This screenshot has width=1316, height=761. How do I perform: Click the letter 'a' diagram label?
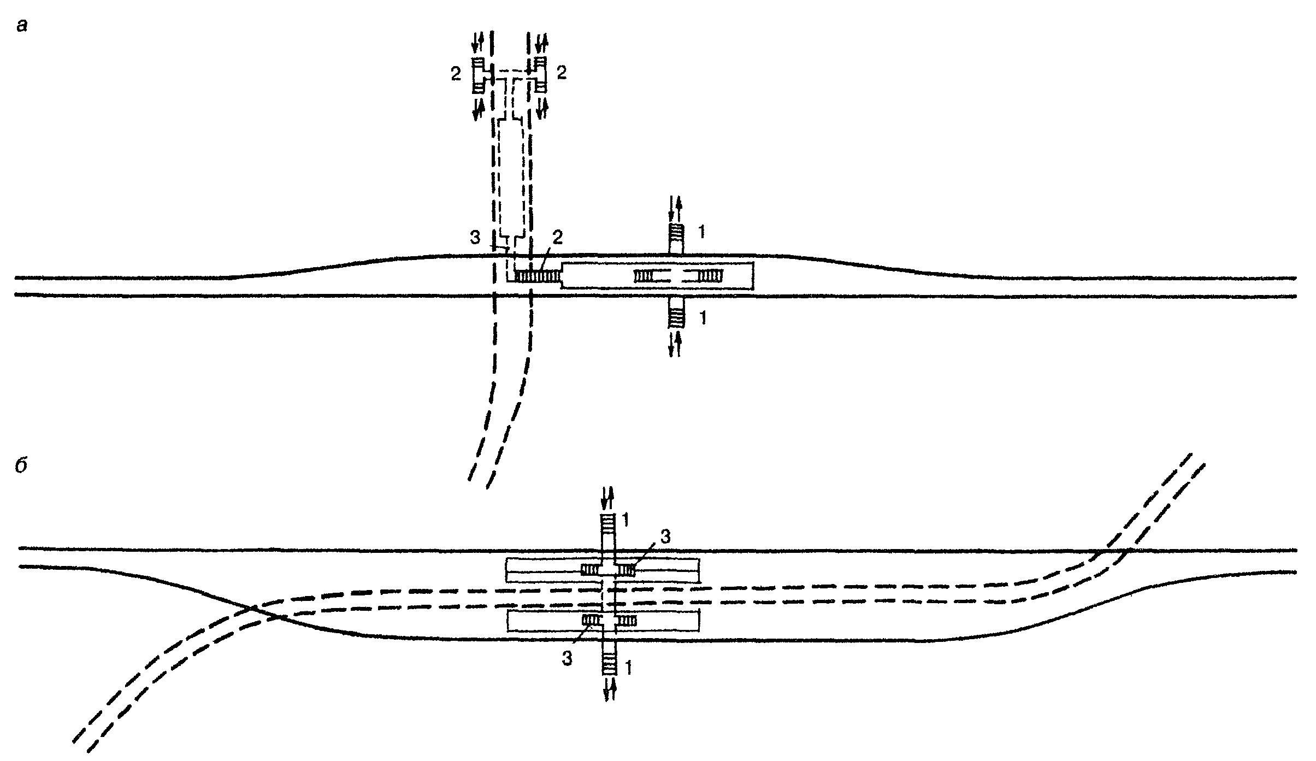point(22,26)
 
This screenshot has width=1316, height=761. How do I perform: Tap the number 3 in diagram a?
point(475,238)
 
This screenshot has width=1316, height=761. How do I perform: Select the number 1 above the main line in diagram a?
point(701,233)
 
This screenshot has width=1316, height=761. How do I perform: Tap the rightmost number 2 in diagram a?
point(561,73)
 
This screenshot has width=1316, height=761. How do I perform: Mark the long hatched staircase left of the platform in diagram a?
point(538,277)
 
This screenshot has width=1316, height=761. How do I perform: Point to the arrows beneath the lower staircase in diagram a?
point(675,344)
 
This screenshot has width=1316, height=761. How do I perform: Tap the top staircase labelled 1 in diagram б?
point(608,525)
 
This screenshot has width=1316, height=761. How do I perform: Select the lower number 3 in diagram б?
point(567,659)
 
